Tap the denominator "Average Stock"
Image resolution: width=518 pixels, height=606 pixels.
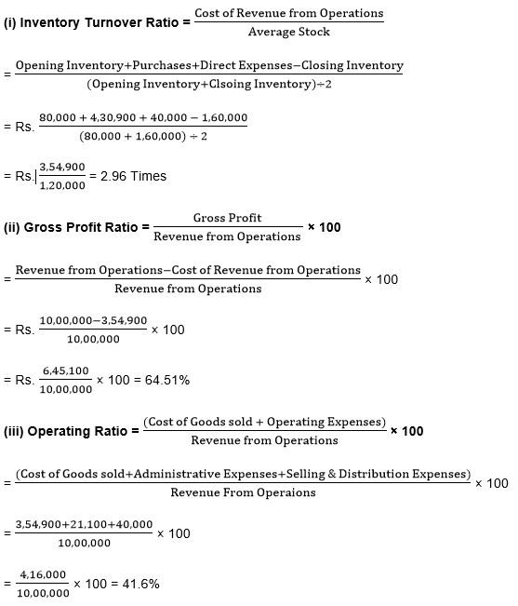point(289,32)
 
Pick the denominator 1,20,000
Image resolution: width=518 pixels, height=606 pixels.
point(63,184)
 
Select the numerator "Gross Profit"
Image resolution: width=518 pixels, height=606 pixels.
point(227,218)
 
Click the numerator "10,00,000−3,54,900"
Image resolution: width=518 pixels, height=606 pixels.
point(93,321)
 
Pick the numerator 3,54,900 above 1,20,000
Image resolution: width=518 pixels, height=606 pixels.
point(63,168)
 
